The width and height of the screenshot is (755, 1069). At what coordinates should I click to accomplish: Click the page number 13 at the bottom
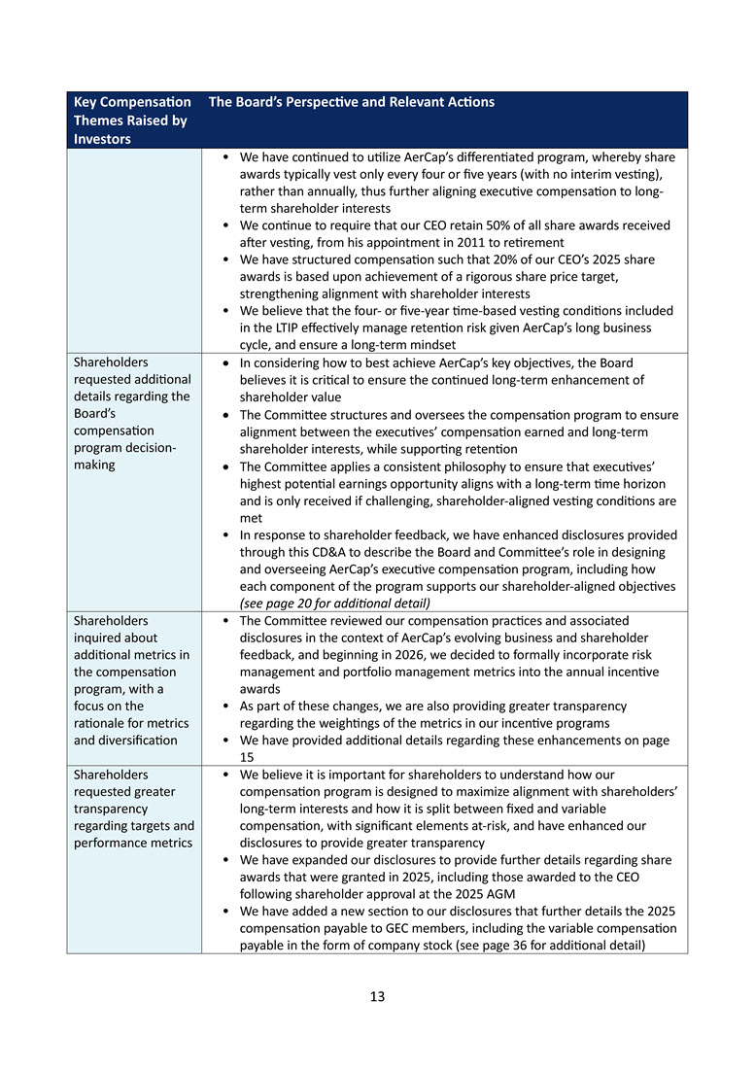tap(377, 996)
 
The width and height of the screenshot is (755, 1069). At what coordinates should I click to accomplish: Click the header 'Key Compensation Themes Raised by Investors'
tap(132, 121)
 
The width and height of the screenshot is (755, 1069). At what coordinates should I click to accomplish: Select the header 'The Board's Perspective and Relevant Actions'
tap(352, 102)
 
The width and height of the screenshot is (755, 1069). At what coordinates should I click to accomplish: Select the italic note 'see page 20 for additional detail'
tap(322, 603)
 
